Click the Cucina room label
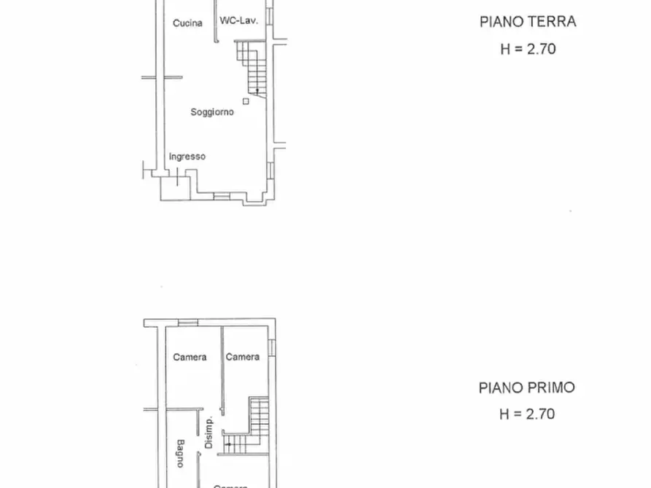(x=187, y=23)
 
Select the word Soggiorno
(x=212, y=112)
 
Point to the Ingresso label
(x=187, y=157)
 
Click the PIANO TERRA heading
(x=527, y=22)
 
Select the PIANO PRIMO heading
(x=526, y=387)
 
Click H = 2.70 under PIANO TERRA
(x=527, y=50)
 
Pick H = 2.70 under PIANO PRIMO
(x=526, y=414)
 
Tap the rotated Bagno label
(x=179, y=452)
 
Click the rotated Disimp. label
(x=208, y=433)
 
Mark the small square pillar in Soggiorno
(x=246, y=101)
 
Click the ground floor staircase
(x=252, y=67)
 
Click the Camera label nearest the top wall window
(x=190, y=357)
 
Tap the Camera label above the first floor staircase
(x=243, y=357)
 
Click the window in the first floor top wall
(x=188, y=323)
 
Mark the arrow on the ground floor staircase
(x=257, y=90)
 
